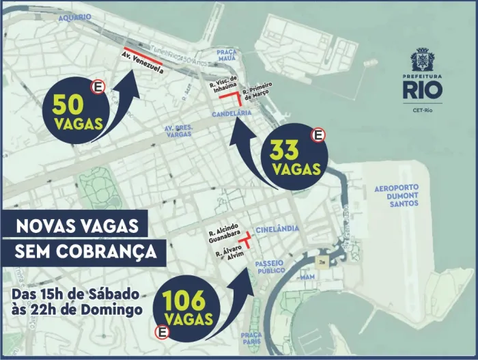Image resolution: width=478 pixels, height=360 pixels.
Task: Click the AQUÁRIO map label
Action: [75, 16]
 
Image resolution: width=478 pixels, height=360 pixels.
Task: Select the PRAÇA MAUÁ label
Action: [226, 55]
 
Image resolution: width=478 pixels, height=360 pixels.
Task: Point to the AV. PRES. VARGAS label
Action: [179, 130]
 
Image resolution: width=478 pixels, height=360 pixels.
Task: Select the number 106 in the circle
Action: [187, 301]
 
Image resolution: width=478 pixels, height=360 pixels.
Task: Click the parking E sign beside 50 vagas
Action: [99, 87]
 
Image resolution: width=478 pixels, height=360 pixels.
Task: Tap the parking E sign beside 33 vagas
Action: [318, 135]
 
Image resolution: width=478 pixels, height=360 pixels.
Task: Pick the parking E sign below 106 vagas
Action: [163, 333]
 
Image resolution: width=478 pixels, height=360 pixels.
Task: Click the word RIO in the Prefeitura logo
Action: [421, 89]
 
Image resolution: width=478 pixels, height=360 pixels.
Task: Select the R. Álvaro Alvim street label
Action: [229, 256]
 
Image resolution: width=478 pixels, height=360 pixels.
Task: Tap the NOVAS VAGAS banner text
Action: [76, 226]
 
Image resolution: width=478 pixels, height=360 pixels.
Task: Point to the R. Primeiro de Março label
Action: [257, 91]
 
